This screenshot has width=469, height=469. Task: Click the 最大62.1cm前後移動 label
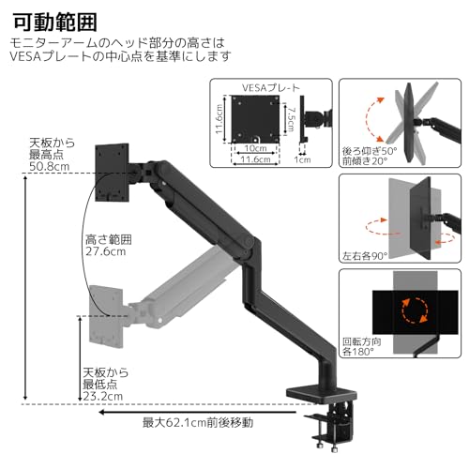point(197,422)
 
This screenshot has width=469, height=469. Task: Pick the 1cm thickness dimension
point(302,159)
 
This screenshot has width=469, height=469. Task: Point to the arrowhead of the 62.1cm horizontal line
point(302,412)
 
